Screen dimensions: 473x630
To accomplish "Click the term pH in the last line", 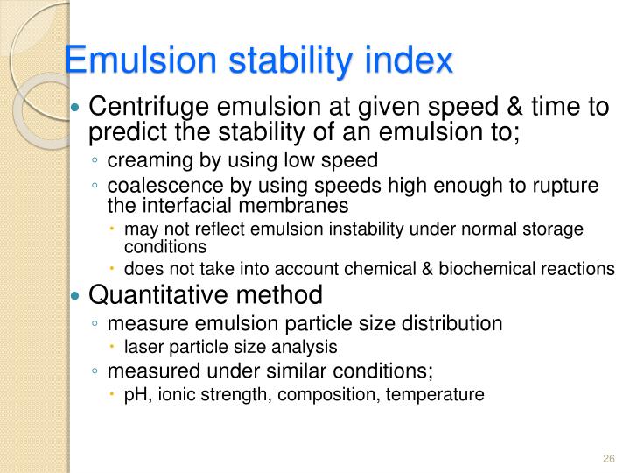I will (x=136, y=394).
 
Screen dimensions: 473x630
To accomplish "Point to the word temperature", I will (x=440, y=394).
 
